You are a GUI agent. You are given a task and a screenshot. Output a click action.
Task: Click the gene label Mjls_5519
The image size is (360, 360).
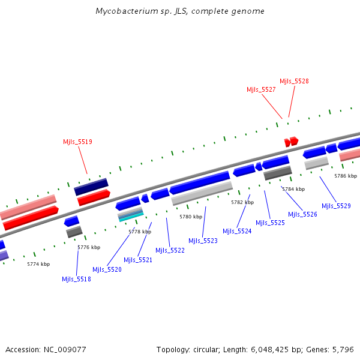[x=77, y=142]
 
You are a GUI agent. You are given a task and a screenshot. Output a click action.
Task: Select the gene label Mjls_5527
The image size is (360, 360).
[x=261, y=89]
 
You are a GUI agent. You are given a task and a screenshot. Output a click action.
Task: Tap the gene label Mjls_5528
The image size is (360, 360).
[x=294, y=81]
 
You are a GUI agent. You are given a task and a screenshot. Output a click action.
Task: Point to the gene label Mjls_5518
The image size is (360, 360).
[x=76, y=279]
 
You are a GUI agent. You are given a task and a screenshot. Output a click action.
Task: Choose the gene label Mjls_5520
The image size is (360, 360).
[x=107, y=269]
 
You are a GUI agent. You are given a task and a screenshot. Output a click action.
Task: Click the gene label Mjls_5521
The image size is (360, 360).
[x=138, y=260]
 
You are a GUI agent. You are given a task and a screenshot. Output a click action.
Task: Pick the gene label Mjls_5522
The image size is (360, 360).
[x=170, y=250]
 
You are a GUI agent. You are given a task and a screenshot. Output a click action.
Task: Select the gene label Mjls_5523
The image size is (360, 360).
[x=203, y=241]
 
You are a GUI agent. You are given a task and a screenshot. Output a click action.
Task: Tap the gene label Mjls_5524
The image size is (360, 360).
[x=237, y=231]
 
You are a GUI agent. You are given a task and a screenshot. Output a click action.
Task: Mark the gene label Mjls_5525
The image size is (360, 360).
[x=270, y=223]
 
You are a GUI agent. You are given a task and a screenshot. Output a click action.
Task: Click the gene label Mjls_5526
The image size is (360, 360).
[x=302, y=214]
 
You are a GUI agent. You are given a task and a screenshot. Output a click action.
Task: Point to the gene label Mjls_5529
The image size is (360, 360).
[x=336, y=206]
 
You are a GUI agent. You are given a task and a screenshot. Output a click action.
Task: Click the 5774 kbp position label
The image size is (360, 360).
[x=38, y=264]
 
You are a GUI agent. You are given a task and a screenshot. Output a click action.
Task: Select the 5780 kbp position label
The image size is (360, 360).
[x=191, y=217]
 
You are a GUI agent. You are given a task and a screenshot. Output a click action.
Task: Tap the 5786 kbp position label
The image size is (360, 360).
[x=346, y=176]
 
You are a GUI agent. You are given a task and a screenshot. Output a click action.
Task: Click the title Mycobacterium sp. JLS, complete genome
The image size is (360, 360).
[x=180, y=11]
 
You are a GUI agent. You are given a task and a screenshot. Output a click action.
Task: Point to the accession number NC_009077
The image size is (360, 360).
[x=46, y=349]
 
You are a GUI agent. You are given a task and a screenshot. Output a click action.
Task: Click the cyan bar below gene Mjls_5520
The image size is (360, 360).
[x=131, y=217]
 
